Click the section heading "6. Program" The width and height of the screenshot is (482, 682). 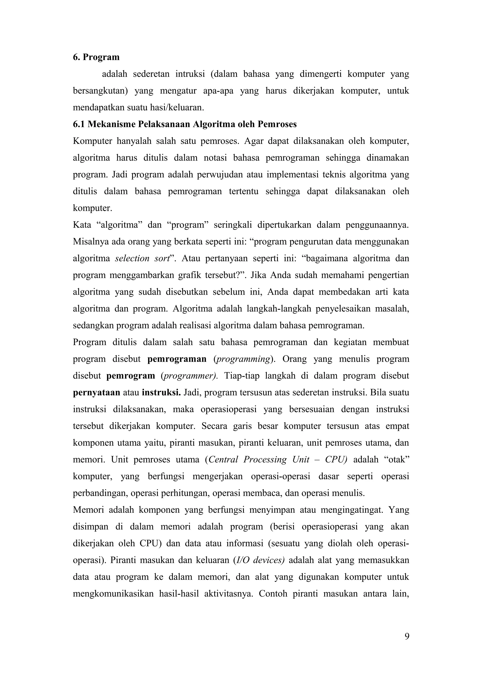pyautogui.click(x=96, y=57)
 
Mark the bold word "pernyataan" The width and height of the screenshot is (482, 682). pyautogui.click(x=96, y=393)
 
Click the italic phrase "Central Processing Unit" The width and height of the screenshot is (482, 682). pyautogui.click(x=258, y=460)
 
